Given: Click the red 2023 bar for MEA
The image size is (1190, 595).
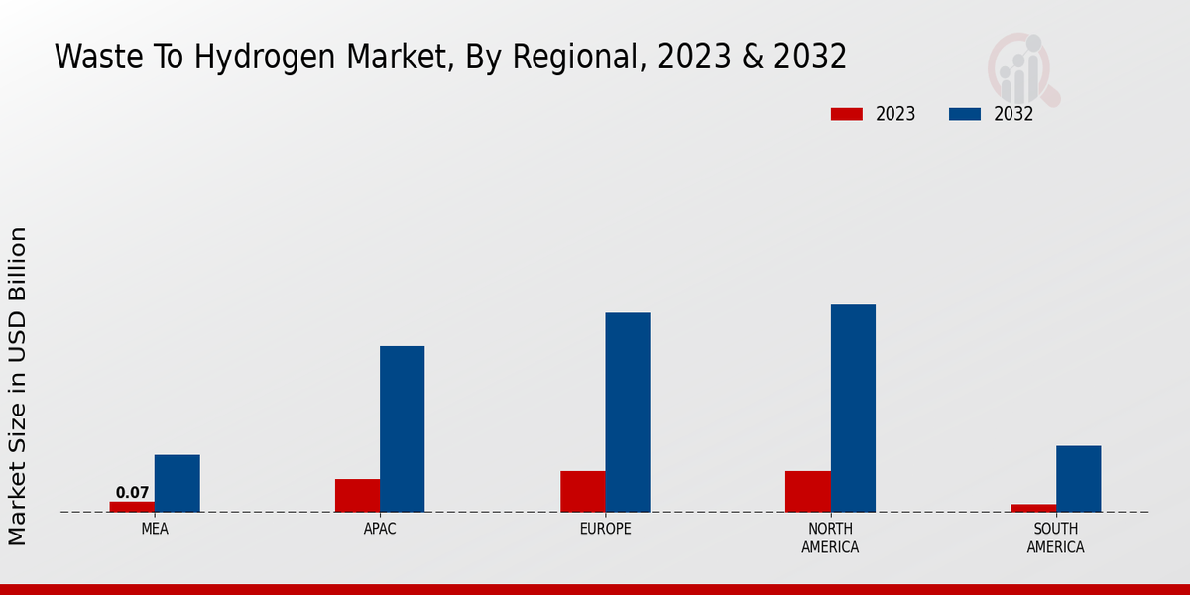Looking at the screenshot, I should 132,507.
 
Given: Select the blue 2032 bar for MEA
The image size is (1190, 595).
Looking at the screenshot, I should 177,483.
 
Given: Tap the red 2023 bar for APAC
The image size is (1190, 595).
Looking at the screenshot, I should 357,495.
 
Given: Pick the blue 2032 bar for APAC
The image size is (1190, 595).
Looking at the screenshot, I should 402,428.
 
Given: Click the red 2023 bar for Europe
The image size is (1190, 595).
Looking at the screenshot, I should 582,491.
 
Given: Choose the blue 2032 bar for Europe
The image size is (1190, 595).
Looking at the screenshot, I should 628,412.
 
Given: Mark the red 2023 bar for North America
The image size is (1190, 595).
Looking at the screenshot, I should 807,491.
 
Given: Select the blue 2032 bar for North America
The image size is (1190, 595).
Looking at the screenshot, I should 853,408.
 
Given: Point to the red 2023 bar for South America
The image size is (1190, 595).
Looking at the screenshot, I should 1033,508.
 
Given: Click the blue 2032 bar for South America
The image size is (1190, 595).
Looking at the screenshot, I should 1078,478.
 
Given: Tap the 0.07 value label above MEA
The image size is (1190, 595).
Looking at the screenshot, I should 132,492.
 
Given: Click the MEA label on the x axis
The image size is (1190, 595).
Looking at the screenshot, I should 155,529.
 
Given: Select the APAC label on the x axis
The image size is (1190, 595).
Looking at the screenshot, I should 380,529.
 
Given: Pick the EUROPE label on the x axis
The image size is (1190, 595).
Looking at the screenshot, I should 605,529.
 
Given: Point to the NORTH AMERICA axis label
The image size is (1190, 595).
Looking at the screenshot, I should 830,537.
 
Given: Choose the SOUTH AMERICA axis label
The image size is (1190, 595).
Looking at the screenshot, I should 1055,537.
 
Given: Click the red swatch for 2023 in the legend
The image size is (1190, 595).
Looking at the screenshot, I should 846,114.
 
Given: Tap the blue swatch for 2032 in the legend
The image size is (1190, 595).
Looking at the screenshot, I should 964,114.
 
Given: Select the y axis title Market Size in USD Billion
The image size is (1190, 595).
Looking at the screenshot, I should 18,386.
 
